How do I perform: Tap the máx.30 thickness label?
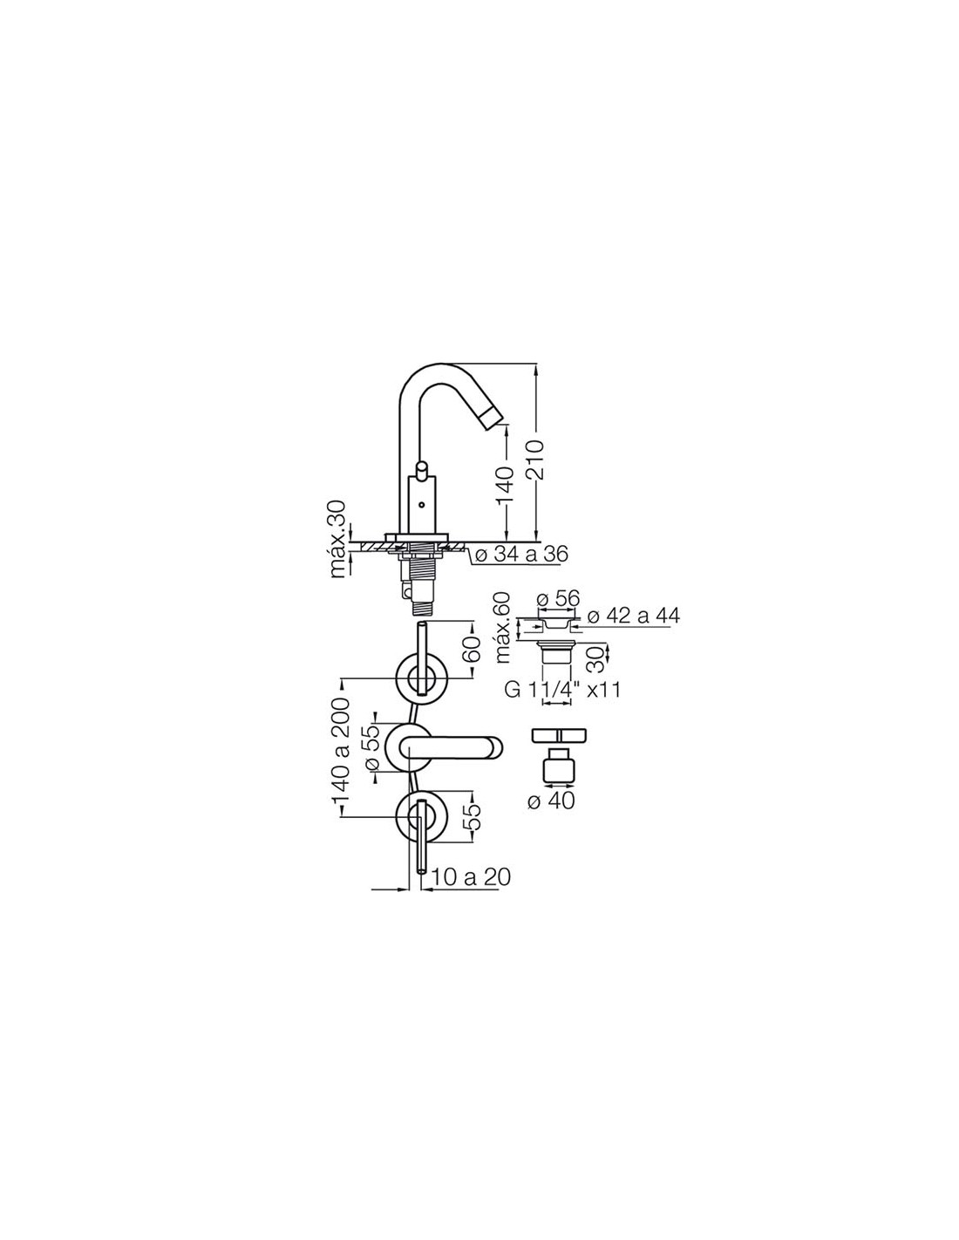coord(338,540)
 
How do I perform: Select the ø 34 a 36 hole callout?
coord(520,554)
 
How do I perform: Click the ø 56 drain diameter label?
coord(557,598)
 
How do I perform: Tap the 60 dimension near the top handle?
coord(472,647)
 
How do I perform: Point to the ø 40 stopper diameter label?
coord(552,801)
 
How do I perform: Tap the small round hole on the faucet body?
coord(420,505)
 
